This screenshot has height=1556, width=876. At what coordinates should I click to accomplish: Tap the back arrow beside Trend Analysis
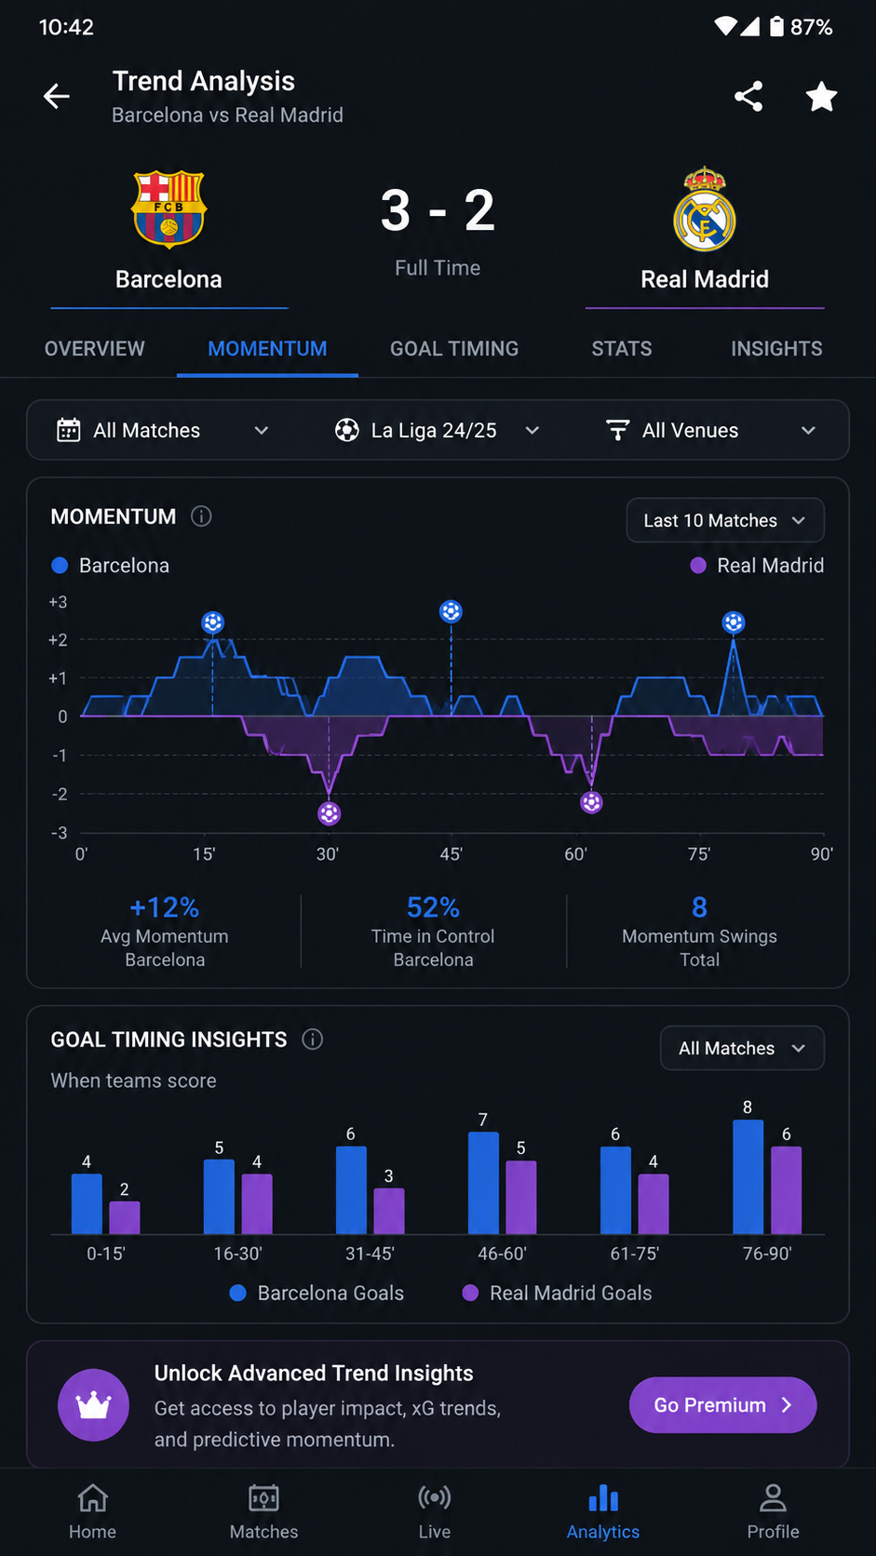(x=56, y=96)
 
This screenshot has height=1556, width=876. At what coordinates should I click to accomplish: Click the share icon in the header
(x=748, y=96)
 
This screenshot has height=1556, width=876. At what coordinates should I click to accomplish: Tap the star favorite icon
(x=821, y=96)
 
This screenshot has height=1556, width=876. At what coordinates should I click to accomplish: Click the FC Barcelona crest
(x=168, y=209)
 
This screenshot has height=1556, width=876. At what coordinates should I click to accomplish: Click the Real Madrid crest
(x=705, y=208)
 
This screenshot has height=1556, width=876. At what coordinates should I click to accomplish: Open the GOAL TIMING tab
(x=454, y=349)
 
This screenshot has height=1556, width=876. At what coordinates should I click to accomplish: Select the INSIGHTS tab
(x=776, y=349)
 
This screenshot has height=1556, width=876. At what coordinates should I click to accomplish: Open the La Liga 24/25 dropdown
(x=437, y=431)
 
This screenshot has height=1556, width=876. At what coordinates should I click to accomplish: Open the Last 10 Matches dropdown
(x=725, y=520)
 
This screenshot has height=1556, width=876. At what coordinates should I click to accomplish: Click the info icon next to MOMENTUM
(x=201, y=516)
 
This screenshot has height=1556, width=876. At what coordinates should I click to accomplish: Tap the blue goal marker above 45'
(x=451, y=611)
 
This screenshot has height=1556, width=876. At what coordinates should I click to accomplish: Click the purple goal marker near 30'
(x=329, y=812)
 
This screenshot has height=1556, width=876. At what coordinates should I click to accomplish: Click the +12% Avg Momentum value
(x=165, y=907)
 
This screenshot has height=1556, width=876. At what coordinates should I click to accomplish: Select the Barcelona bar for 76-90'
(x=748, y=1176)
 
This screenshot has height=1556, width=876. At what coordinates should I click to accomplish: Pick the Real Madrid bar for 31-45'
(x=389, y=1211)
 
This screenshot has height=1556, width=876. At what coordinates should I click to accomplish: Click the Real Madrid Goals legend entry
(x=557, y=1293)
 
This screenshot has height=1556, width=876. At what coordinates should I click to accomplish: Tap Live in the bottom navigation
(x=435, y=1511)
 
